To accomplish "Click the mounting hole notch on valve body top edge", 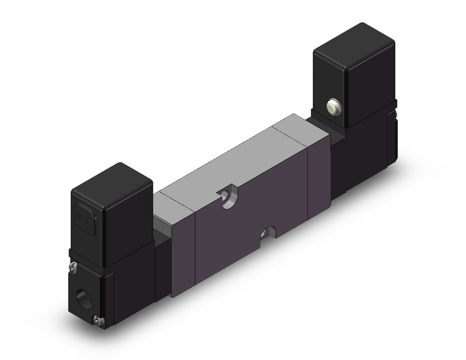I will (x=228, y=198).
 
